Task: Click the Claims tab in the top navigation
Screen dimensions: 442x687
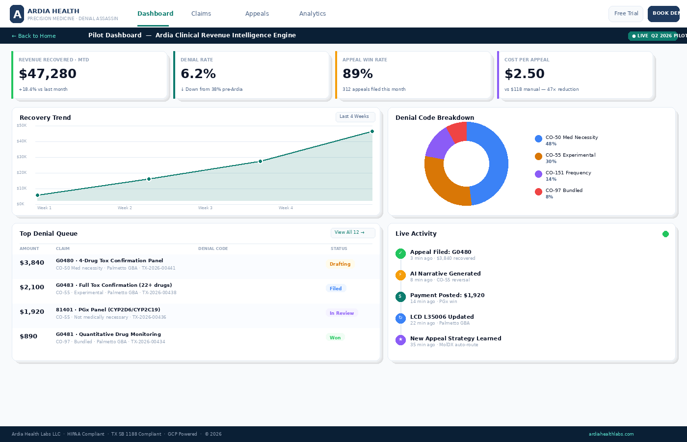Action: (x=201, y=14)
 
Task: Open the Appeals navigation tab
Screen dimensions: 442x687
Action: (x=257, y=14)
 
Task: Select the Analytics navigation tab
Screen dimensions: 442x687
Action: (x=312, y=14)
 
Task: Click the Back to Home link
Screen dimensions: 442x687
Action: (x=34, y=36)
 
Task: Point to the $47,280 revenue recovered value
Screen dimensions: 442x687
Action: (x=48, y=74)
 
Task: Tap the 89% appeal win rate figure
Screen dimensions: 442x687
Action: (x=357, y=74)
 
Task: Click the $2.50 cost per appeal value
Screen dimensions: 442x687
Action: (x=524, y=74)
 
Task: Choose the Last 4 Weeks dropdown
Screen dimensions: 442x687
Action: (x=355, y=117)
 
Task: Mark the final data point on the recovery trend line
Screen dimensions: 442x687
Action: (x=372, y=132)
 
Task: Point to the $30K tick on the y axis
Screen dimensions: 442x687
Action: (x=22, y=157)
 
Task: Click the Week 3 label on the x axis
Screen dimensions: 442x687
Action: (x=205, y=208)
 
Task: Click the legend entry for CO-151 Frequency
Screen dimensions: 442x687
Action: (x=568, y=173)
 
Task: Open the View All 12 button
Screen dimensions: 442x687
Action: (x=352, y=233)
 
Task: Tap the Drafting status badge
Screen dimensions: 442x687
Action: (x=340, y=264)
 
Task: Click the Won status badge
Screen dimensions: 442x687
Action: (x=335, y=338)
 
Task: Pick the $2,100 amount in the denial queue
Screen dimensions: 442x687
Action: (x=32, y=287)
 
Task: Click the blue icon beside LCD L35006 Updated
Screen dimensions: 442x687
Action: (x=400, y=318)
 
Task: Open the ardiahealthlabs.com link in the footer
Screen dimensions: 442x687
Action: (x=611, y=434)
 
